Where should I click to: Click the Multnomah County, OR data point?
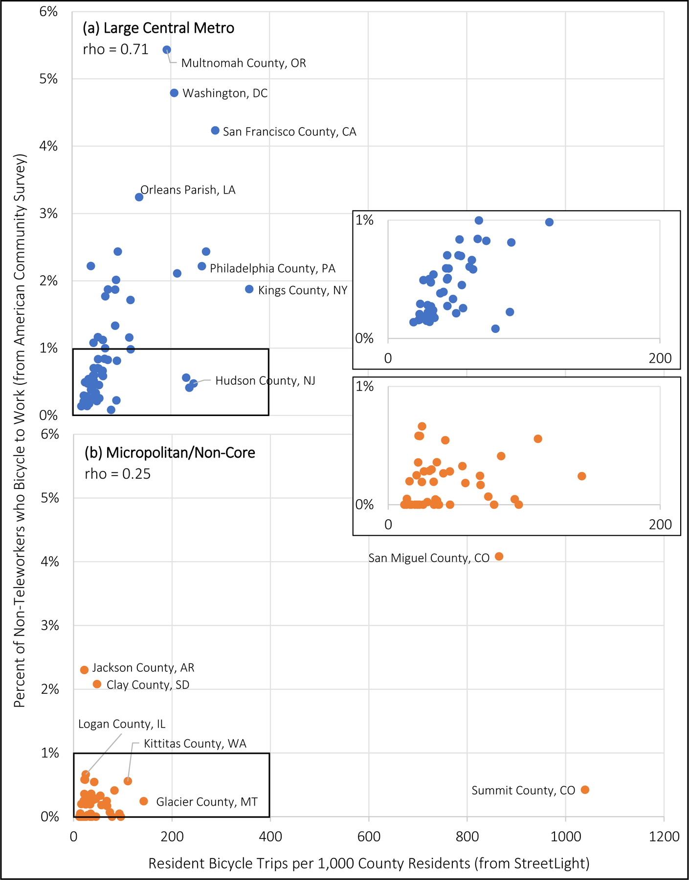coord(167,50)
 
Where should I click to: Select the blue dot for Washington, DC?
coord(174,93)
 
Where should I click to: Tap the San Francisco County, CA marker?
coord(215,131)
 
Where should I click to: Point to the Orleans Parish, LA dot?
coord(139,197)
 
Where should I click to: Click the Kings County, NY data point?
coord(249,289)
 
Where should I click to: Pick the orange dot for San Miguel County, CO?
coord(499,556)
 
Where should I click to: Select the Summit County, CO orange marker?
coord(585,790)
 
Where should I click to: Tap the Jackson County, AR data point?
coord(84,670)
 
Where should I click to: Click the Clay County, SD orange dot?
coord(97,684)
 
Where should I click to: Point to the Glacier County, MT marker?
coord(144,801)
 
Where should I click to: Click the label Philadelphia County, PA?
coord(272,268)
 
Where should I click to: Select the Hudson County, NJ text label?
coord(265,381)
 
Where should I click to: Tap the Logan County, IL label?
coord(122,724)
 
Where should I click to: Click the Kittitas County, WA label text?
coord(195,744)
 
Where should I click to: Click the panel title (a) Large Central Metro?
coord(158,28)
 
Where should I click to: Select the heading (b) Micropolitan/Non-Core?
coord(170,453)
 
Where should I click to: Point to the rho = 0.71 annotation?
coord(115,50)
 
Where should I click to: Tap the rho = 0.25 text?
coord(117,474)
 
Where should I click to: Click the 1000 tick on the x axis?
coord(565,836)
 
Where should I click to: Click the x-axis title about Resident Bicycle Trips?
coord(369,863)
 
